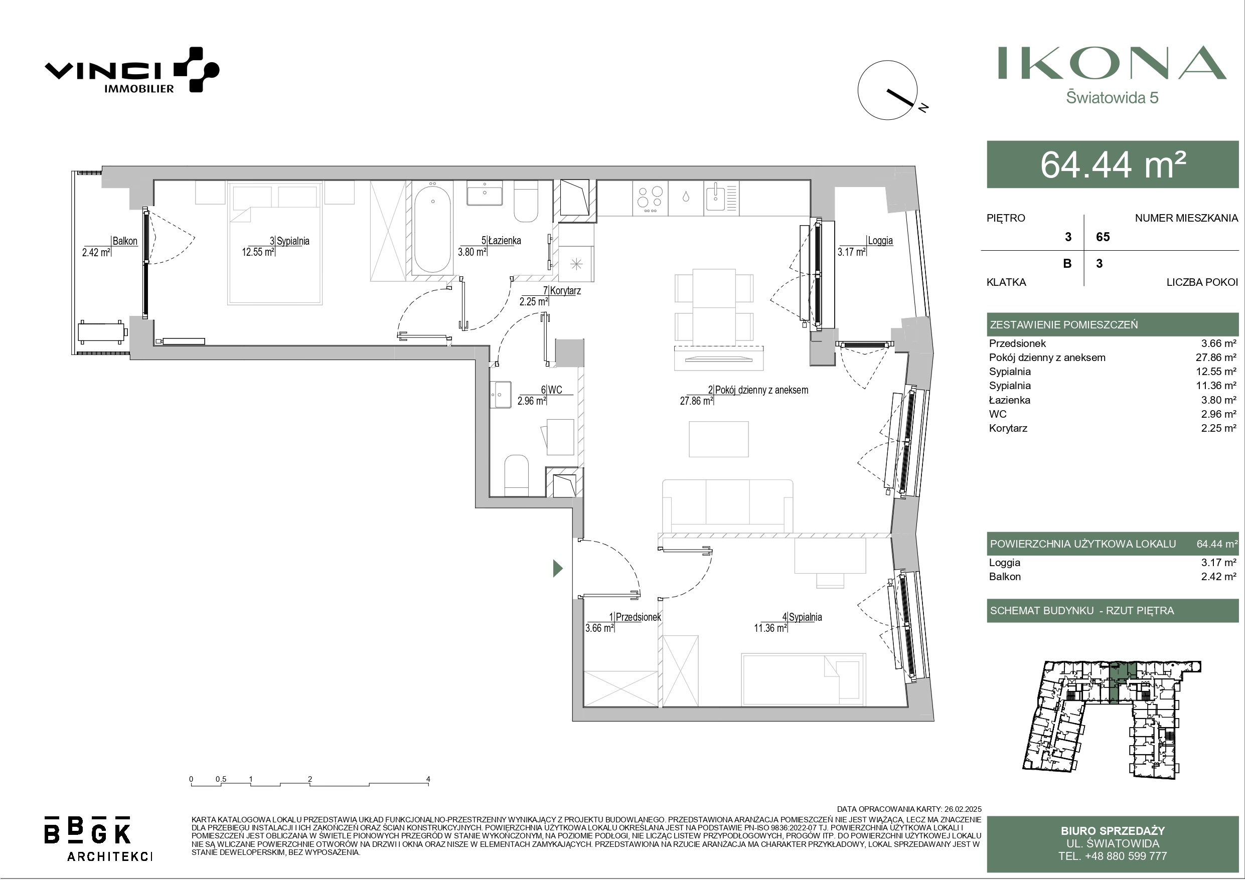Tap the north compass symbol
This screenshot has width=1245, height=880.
pyautogui.click(x=892, y=91)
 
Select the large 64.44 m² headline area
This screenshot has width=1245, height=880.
pyautogui.click(x=1113, y=164)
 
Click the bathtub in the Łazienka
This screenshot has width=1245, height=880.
pyautogui.click(x=433, y=227)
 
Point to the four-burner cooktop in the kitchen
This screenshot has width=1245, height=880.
pyautogui.click(x=650, y=199)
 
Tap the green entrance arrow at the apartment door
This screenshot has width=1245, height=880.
pyautogui.click(x=557, y=568)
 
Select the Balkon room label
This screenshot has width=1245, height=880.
pyautogui.click(x=125, y=241)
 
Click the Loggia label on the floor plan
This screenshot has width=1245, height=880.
pyautogui.click(x=880, y=241)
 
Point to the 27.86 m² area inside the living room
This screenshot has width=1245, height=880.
pyautogui.click(x=696, y=401)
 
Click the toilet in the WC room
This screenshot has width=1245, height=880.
pyautogui.click(x=516, y=475)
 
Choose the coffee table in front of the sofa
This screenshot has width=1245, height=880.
pyautogui.click(x=718, y=439)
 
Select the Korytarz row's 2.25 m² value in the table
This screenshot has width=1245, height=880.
pyautogui.click(x=1218, y=428)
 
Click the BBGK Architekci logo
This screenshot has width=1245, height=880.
pyautogui.click(x=98, y=838)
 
